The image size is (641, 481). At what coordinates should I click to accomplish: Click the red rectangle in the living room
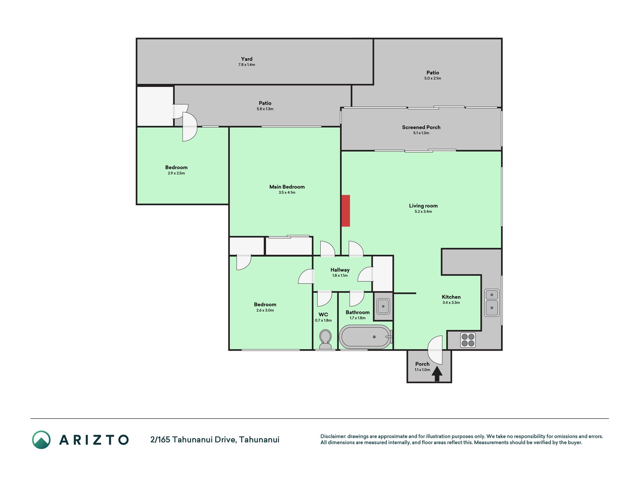point(345,211)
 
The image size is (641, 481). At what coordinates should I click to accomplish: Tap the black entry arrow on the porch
point(437,374)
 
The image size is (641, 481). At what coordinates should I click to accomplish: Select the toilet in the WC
point(325,339)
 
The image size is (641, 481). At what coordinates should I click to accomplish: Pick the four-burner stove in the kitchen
point(468,340)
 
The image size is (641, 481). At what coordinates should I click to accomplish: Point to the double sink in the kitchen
point(492,303)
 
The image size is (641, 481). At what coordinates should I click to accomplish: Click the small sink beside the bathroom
point(383,306)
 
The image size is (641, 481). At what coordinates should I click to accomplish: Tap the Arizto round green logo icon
point(41,440)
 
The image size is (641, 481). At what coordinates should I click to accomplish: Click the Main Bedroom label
point(287,187)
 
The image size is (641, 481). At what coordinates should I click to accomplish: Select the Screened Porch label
point(421,127)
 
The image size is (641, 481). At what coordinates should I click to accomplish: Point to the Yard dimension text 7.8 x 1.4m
point(247,65)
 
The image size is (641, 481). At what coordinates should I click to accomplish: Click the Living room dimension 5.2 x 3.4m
point(423,212)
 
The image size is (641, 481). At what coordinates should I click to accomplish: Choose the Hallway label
point(340,270)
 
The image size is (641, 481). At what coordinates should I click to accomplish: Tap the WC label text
point(323,315)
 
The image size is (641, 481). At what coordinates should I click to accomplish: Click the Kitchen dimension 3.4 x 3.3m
point(451,303)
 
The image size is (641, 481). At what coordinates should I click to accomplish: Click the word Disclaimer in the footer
point(333,436)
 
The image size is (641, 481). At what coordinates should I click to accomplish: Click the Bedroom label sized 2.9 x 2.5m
point(176,168)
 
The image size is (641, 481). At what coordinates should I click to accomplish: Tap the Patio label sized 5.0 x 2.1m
point(433,73)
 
